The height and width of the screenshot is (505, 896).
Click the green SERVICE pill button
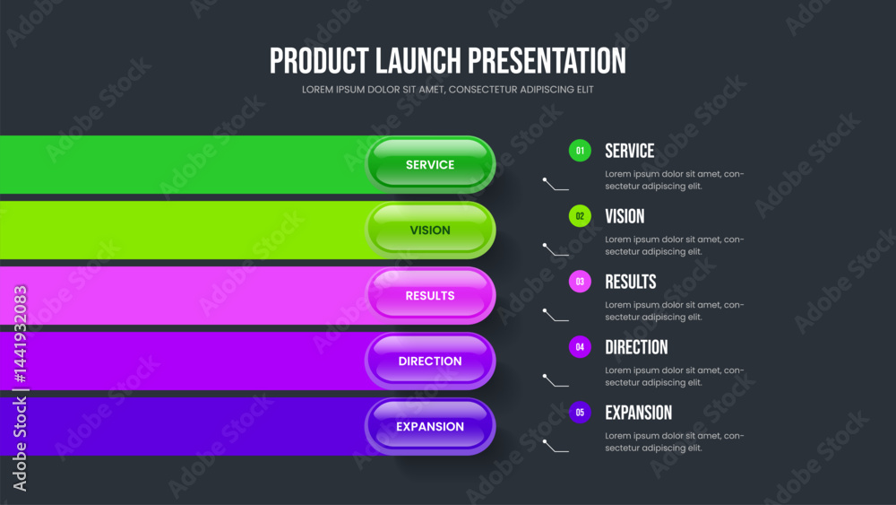tap(430, 165)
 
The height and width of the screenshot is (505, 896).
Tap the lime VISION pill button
tap(430, 230)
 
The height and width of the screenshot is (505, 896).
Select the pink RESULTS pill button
tap(430, 296)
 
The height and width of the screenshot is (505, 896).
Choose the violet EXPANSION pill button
tap(430, 427)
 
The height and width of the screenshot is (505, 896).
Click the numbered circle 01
tap(580, 151)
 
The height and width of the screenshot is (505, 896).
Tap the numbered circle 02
tap(580, 216)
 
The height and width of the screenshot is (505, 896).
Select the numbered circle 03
tap(580, 282)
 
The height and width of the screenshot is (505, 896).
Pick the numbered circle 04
tap(580, 347)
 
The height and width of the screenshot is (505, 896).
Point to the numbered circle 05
tap(580, 413)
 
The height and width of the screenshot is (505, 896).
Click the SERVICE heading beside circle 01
tap(630, 151)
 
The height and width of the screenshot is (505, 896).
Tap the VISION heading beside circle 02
tap(625, 216)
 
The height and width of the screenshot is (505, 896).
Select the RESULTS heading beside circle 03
tap(631, 282)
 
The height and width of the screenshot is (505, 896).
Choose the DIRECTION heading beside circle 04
tap(636, 347)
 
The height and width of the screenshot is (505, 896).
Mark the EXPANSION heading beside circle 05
tap(639, 413)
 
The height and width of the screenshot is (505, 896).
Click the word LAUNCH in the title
tap(418, 61)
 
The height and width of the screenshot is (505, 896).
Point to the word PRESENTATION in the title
tap(547, 61)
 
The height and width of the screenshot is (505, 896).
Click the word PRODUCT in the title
tap(319, 61)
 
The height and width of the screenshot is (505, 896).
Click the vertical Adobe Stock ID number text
tap(20, 334)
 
